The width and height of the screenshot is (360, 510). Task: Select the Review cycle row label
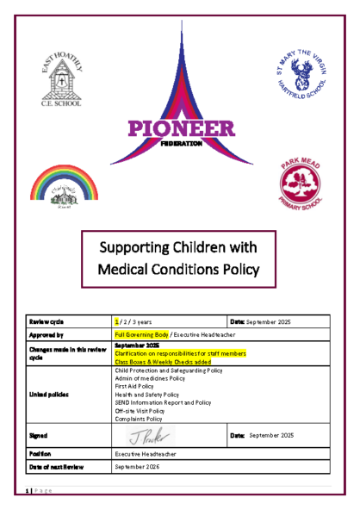point(50,320)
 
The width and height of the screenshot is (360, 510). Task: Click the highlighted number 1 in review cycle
point(116,320)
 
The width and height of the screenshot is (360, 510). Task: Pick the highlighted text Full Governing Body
point(140,335)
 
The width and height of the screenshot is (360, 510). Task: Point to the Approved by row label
point(51,335)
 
